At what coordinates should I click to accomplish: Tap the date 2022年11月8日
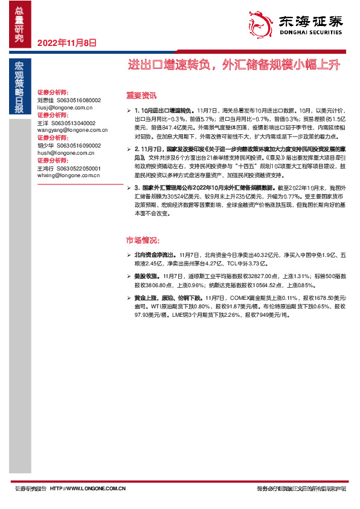coord(67,43)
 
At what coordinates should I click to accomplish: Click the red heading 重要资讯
coord(141,95)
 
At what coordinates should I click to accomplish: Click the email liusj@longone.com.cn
coord(65,106)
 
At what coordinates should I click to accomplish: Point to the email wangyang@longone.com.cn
coord(68,129)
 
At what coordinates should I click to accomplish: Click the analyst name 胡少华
coord(46,146)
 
